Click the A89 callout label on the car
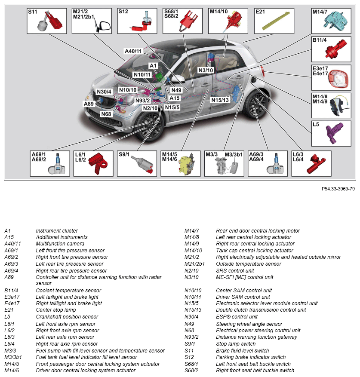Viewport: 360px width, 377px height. (89, 104)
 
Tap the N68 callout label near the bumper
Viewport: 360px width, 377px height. (106, 114)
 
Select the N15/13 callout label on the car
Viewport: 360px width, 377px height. (220, 100)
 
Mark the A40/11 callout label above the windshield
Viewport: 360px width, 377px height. (133, 51)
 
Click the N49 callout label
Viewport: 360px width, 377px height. (176, 90)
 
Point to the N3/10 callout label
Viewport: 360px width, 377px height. (206, 70)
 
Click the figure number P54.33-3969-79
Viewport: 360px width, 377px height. (338, 189)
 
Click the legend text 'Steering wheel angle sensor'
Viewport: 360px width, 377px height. (249, 324)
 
